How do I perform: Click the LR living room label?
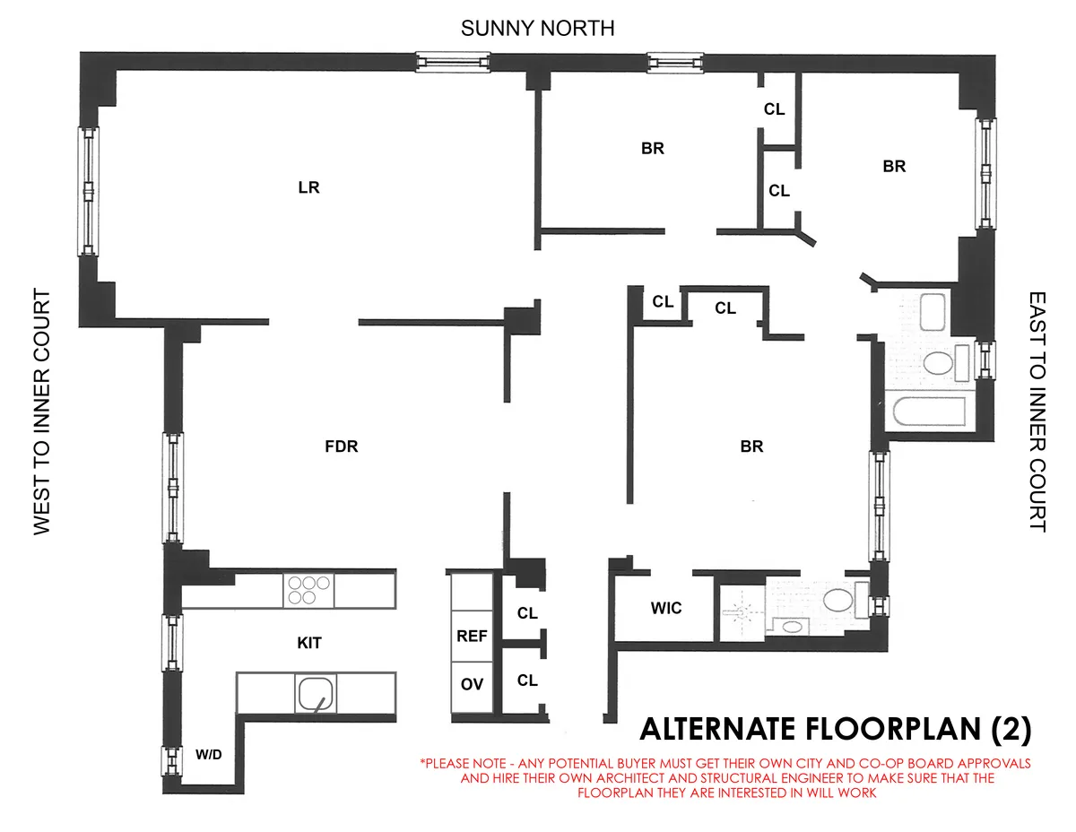coord(308,188)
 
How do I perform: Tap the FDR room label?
coord(341,446)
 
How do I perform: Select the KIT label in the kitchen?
coord(308,643)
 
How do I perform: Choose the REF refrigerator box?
coord(472,636)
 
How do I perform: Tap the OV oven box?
coord(472,684)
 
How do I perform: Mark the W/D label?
coord(208,754)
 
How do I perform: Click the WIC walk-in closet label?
coord(666,608)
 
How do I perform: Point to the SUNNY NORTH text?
coord(537,29)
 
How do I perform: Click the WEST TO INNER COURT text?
coord(42,412)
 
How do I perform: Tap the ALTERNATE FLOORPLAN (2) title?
coord(834,728)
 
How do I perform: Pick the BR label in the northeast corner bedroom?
coord(894,166)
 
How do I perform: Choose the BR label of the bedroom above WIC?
coord(751,446)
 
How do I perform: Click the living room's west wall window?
coord(89,190)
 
